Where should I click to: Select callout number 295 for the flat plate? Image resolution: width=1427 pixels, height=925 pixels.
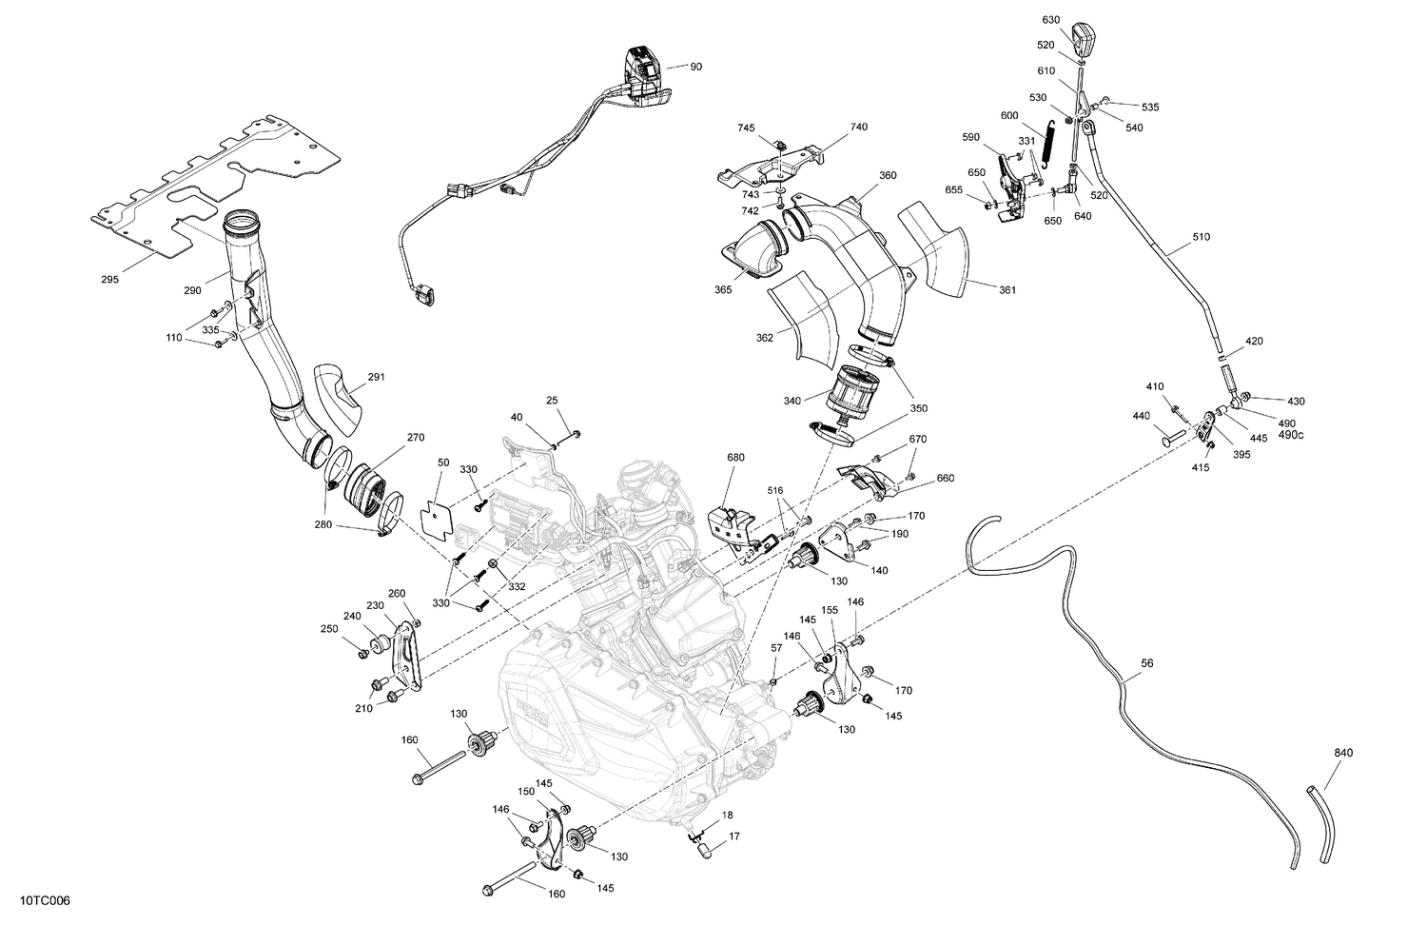pyautogui.click(x=110, y=280)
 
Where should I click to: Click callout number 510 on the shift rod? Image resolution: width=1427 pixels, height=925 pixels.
pyautogui.click(x=1202, y=237)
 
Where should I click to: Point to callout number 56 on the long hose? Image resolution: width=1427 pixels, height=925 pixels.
pyautogui.click(x=1146, y=665)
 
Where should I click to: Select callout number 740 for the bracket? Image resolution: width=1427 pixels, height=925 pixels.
pyautogui.click(x=859, y=127)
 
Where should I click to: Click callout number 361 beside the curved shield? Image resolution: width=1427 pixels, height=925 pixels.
pyautogui.click(x=1007, y=289)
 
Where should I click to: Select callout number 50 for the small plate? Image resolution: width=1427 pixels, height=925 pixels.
pyautogui.click(x=443, y=462)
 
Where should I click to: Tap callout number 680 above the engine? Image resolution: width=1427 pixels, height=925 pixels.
pyautogui.click(x=734, y=457)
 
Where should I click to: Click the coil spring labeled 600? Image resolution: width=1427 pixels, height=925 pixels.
pyautogui.click(x=1047, y=145)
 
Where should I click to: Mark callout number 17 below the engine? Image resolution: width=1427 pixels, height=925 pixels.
pyautogui.click(x=733, y=837)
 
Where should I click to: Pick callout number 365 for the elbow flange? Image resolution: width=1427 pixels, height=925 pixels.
pyautogui.click(x=723, y=289)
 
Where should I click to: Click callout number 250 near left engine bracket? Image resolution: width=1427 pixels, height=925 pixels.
pyautogui.click(x=329, y=629)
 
